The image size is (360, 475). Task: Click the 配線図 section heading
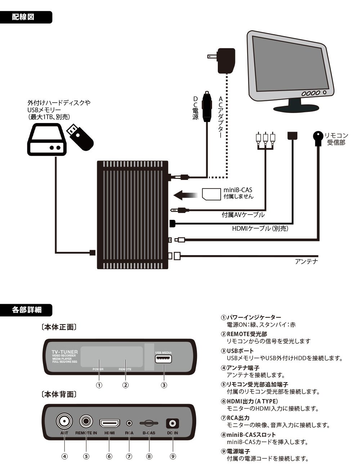click(x=23, y=17)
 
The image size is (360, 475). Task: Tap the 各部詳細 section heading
click(x=27, y=309)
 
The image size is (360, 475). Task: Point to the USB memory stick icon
click(x=80, y=137)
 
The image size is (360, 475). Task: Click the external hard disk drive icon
click(x=47, y=140)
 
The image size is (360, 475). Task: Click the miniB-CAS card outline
click(x=212, y=194)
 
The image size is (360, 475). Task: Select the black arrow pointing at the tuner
click(x=185, y=195)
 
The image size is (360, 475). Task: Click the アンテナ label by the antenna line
click(x=306, y=262)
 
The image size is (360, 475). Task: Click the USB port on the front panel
click(x=163, y=359)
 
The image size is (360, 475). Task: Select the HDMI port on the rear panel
click(x=109, y=423)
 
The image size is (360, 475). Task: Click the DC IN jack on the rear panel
click(x=173, y=423)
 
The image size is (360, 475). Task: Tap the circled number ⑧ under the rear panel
click(x=149, y=456)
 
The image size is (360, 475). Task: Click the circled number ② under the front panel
click(x=125, y=385)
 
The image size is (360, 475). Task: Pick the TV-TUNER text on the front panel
click(x=65, y=352)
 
